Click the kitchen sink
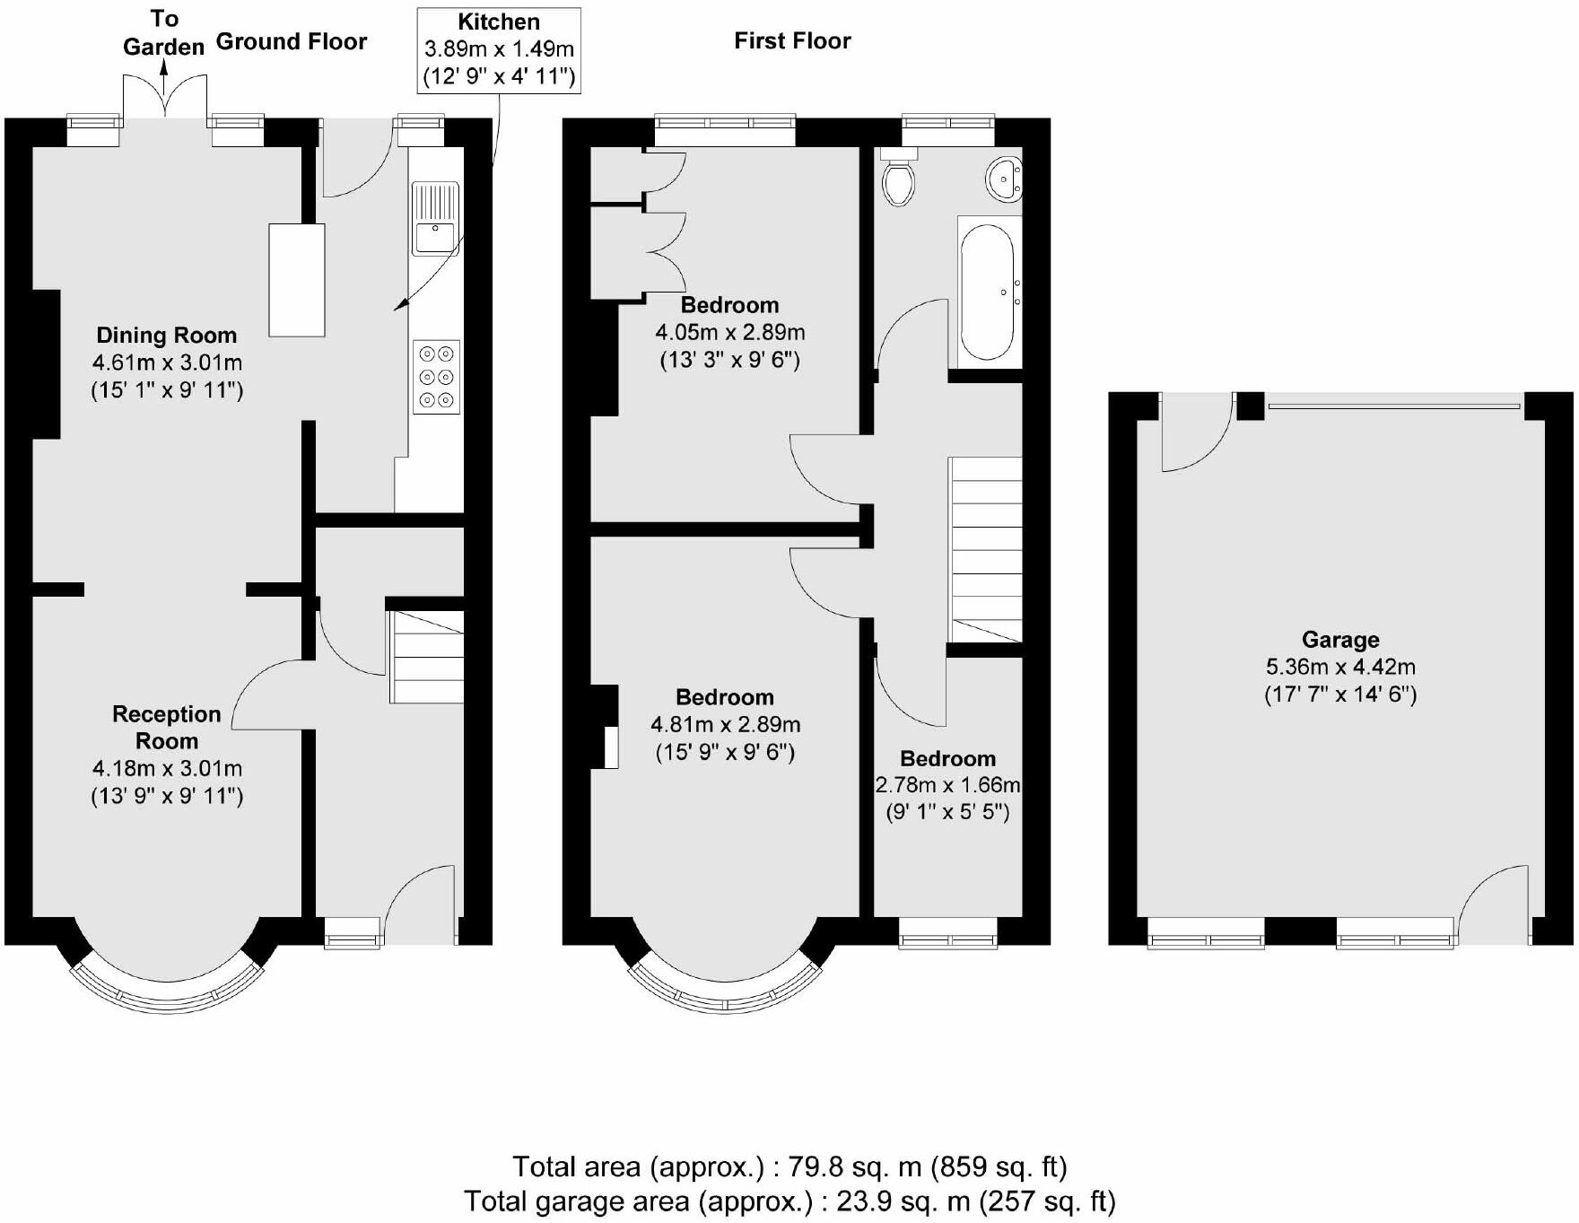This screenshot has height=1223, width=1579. (x=436, y=218)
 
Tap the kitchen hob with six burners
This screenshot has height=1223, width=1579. (x=437, y=377)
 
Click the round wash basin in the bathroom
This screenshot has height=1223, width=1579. (x=1005, y=178)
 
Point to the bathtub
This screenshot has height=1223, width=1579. (x=989, y=292)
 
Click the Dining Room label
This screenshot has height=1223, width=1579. (x=167, y=336)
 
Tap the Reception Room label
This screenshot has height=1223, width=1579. (x=167, y=728)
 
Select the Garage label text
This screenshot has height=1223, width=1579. (x=1340, y=640)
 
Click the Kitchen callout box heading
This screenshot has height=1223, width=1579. (x=499, y=22)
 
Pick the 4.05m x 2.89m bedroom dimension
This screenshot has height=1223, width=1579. (x=730, y=333)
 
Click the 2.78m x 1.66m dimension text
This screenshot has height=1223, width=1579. (x=948, y=785)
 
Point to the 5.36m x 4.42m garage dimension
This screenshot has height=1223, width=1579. (x=1340, y=668)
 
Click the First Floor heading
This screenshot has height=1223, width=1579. (x=792, y=40)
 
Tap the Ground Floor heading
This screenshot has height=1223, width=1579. (x=292, y=41)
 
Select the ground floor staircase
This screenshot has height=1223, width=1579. (x=426, y=657)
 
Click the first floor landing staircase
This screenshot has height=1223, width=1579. (x=985, y=549)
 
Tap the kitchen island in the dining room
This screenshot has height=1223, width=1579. (x=297, y=280)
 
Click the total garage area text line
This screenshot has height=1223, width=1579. (x=789, y=1201)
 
